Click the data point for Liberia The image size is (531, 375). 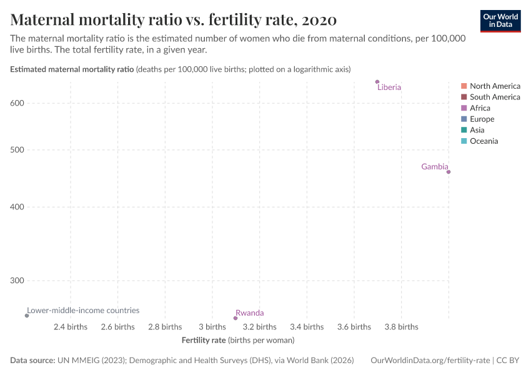377,82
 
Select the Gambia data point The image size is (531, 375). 449,172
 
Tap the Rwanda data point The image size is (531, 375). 236,318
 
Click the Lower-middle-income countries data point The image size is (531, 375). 27,316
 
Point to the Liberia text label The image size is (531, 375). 389,87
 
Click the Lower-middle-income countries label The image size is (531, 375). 83,310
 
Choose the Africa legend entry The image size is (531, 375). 480,108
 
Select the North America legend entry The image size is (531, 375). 495,86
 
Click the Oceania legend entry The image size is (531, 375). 484,141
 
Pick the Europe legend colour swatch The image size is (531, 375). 464,119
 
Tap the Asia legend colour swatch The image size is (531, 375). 464,130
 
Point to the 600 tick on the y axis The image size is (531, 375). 17,103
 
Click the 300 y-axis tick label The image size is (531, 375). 17,281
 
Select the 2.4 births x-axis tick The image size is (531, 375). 71,327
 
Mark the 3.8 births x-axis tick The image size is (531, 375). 401,327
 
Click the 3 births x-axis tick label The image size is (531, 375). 212,327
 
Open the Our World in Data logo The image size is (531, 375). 500,20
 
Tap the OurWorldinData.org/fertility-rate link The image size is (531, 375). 430,361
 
